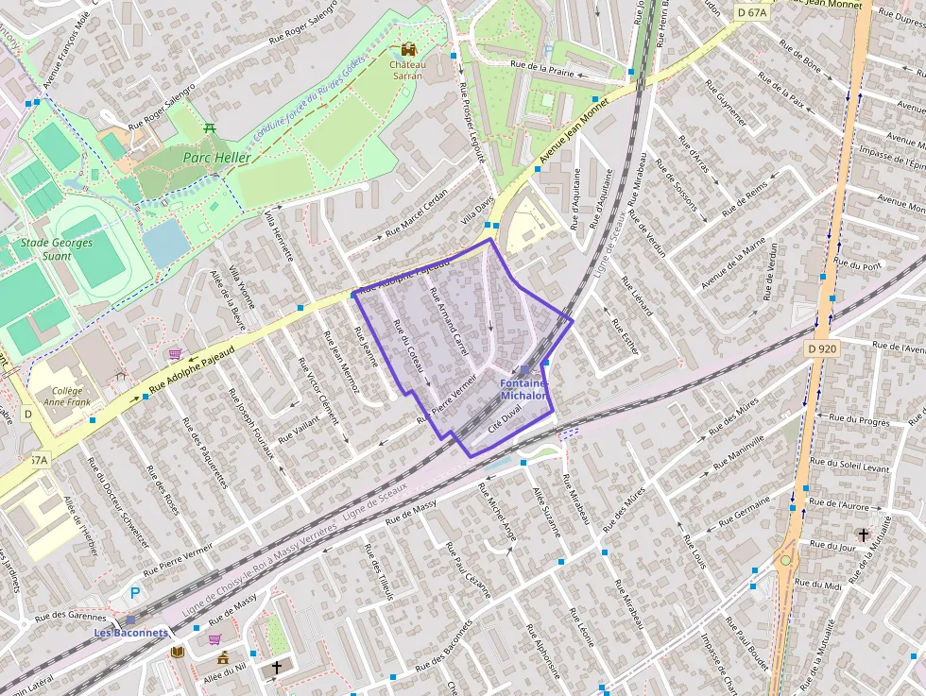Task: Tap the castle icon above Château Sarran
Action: (x=408, y=49)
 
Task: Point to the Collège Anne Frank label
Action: (x=66, y=397)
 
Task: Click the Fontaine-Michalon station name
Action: (x=523, y=390)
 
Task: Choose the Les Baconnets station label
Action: (x=130, y=633)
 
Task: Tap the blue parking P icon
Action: (x=134, y=593)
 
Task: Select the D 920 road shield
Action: (x=824, y=348)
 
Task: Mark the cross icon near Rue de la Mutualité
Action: (x=862, y=535)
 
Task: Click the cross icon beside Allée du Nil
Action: (x=276, y=669)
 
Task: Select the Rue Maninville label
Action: (x=741, y=452)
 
